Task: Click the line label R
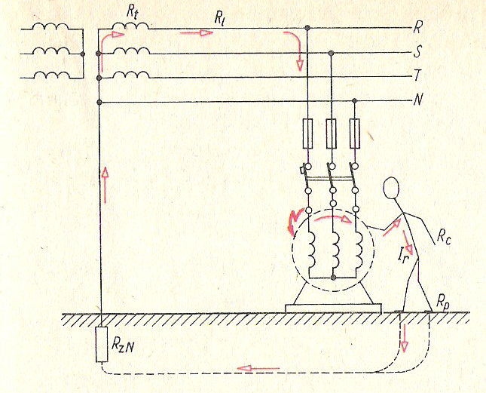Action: pos(417,28)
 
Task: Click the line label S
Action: pos(417,52)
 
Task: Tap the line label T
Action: pos(417,75)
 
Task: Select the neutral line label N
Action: pos(418,100)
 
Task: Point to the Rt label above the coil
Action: pos(132,12)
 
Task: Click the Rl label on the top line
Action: pos(219,19)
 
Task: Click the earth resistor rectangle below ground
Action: pos(102,344)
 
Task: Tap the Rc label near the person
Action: pos(444,238)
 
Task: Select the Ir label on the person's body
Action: pos(403,258)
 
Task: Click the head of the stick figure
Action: pos(391,189)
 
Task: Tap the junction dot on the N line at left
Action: pos(99,103)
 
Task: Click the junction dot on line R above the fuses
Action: pos(307,28)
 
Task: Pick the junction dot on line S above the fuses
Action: pos(331,53)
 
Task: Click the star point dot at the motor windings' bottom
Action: pos(333,278)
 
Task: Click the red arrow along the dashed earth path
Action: pos(258,368)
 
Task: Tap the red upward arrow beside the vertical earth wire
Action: pos(105,185)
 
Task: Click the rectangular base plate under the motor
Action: pos(333,309)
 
